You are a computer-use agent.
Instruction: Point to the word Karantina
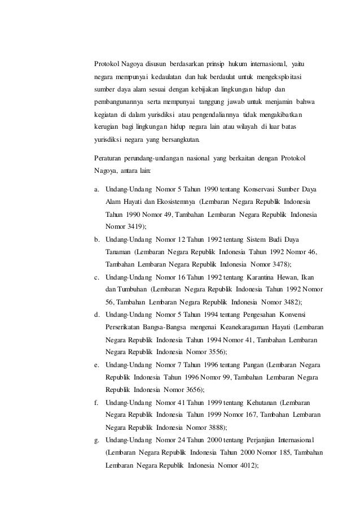(x=265, y=277)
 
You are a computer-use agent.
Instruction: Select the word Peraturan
(x=108, y=156)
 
